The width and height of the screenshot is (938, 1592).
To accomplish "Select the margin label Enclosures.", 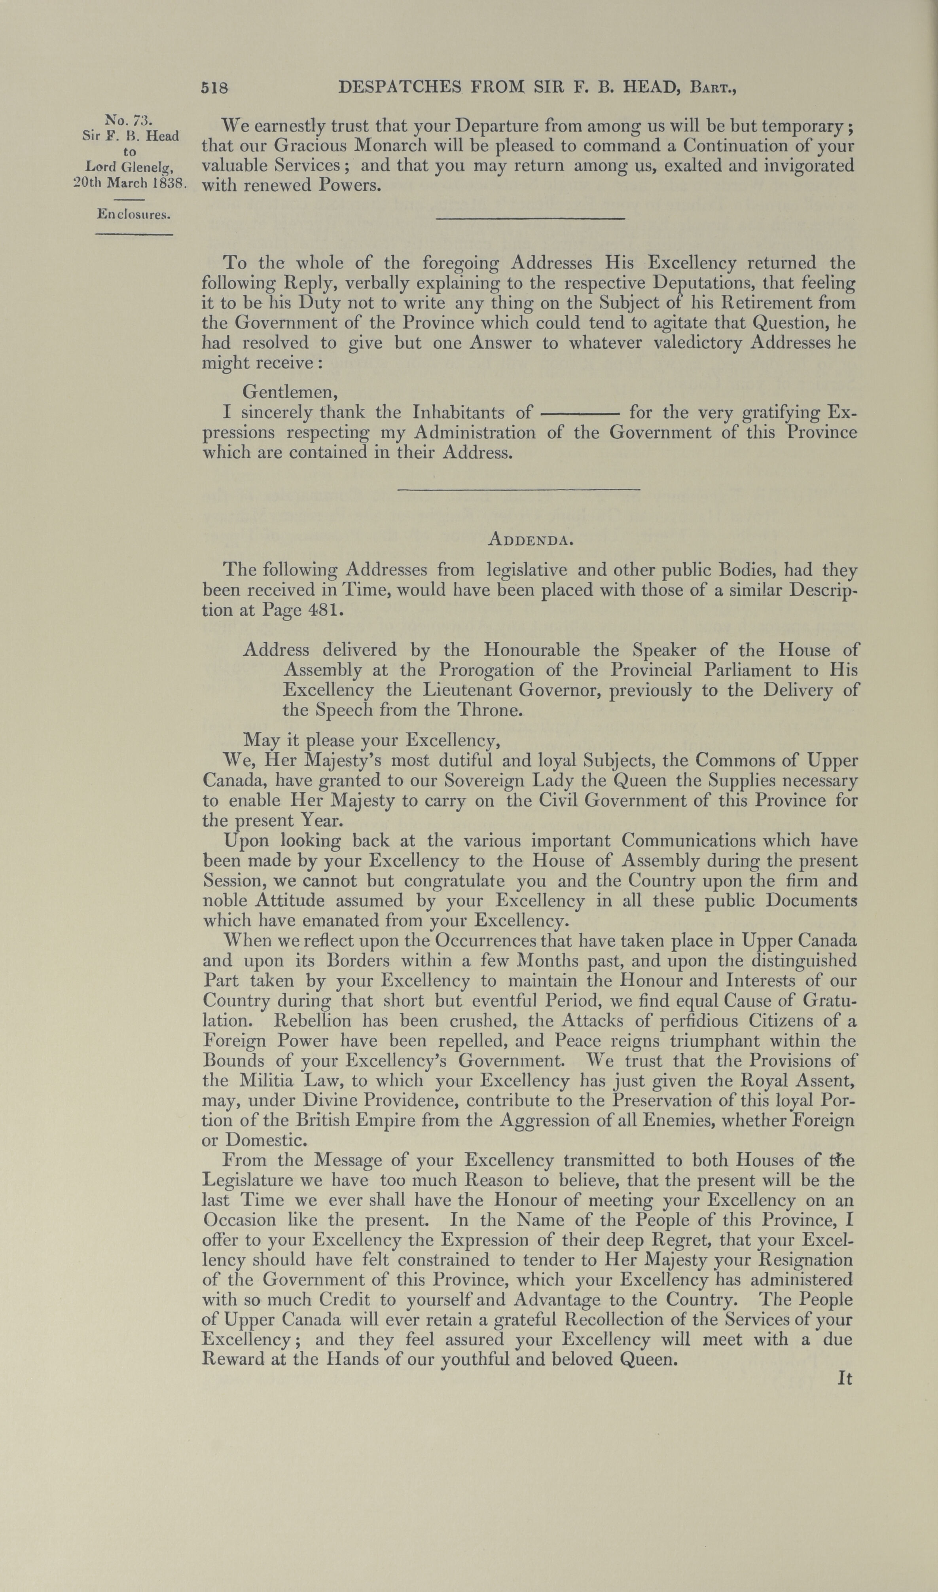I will click(134, 214).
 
